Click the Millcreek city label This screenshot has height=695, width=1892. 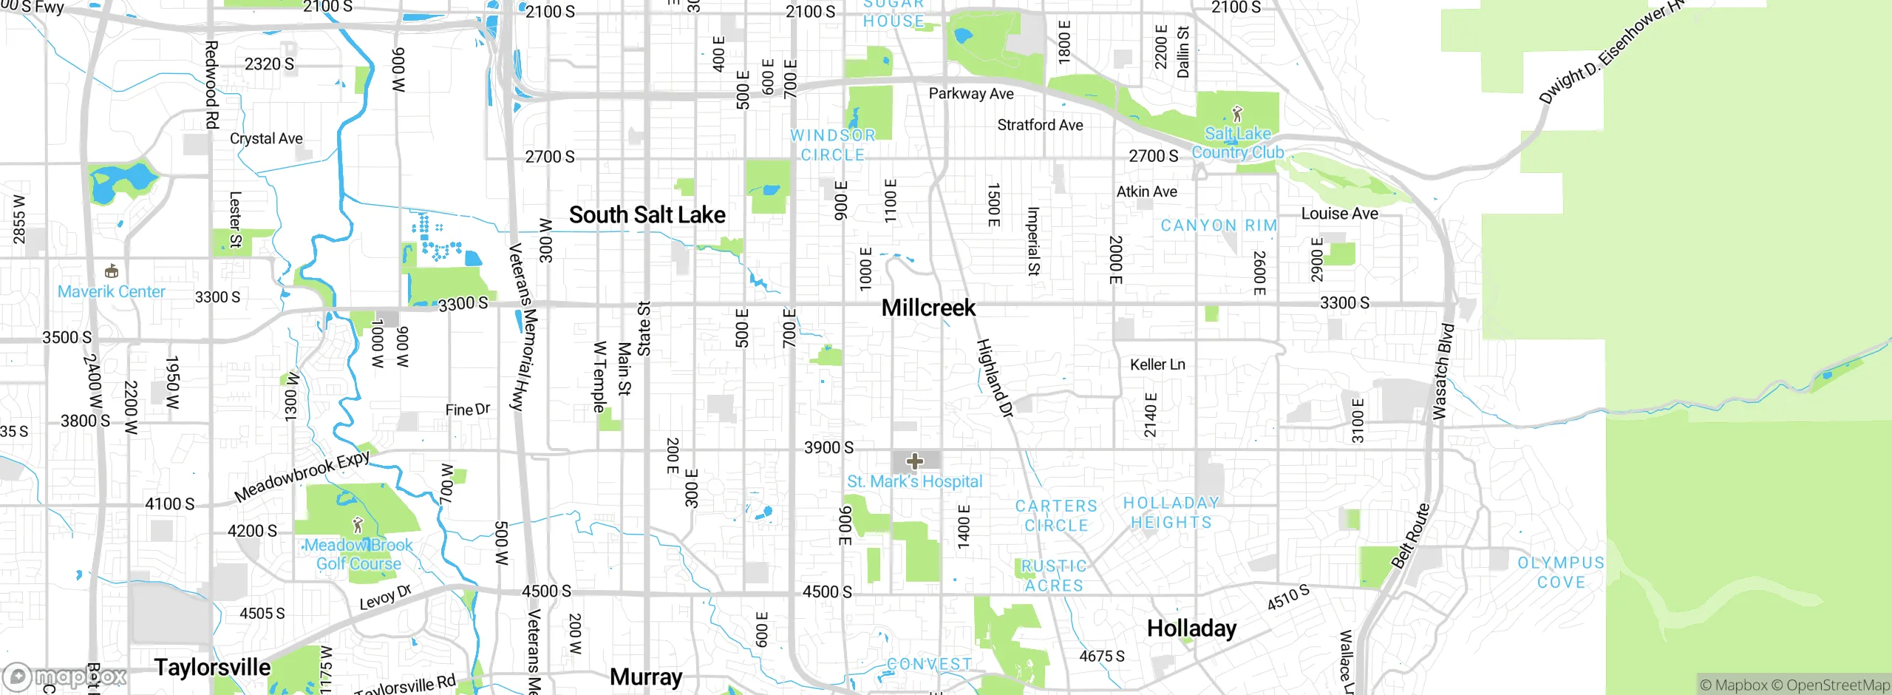pyautogui.click(x=928, y=308)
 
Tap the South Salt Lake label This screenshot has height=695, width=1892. pyautogui.click(x=647, y=215)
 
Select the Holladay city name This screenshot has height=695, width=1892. pyautogui.click(x=1191, y=628)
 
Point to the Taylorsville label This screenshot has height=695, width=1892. pyautogui.click(x=212, y=667)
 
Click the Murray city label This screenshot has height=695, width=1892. pyautogui.click(x=646, y=677)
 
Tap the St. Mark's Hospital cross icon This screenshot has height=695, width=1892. pyautogui.click(x=915, y=462)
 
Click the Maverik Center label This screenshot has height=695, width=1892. pyautogui.click(x=112, y=291)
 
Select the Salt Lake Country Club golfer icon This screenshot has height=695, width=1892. pyautogui.click(x=1237, y=114)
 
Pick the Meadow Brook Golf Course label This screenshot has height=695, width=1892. pyautogui.click(x=358, y=555)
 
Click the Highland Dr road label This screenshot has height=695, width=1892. pyautogui.click(x=994, y=379)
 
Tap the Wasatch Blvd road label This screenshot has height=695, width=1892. pyautogui.click(x=1443, y=371)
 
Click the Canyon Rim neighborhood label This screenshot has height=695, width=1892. pyautogui.click(x=1219, y=226)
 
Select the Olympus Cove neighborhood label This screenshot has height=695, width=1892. pyautogui.click(x=1561, y=572)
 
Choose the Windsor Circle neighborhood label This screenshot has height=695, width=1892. pyautogui.click(x=833, y=145)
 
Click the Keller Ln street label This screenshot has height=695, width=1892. pyautogui.click(x=1157, y=365)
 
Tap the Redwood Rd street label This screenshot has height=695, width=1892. pyautogui.click(x=211, y=84)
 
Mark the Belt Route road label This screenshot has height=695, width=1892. pyautogui.click(x=1410, y=536)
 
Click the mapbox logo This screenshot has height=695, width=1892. pyautogui.click(x=65, y=677)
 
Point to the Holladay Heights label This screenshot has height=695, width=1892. pyautogui.click(x=1171, y=512)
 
